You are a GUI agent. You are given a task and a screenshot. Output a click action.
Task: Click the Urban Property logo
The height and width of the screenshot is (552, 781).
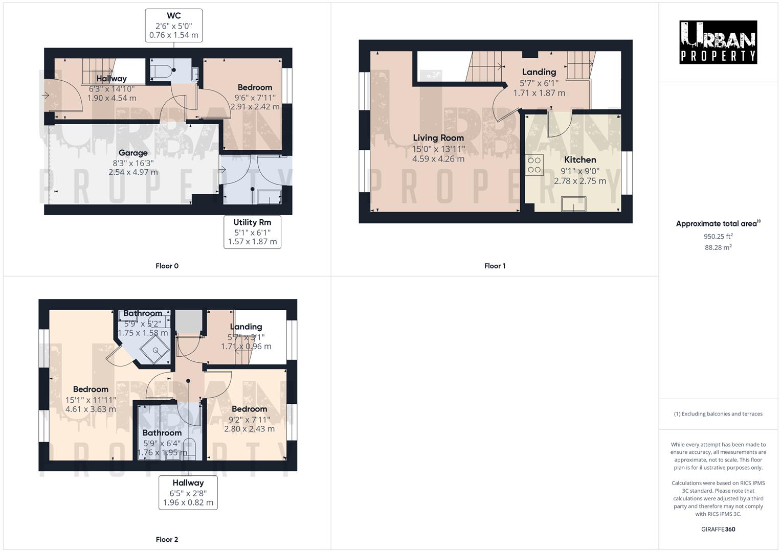pos(718,42)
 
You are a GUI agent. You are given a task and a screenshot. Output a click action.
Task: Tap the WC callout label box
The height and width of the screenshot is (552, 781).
pos(174,26)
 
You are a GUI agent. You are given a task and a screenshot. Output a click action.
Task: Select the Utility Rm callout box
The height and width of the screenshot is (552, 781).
pos(252,232)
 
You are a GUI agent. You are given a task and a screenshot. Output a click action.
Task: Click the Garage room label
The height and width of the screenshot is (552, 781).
pos(133,153)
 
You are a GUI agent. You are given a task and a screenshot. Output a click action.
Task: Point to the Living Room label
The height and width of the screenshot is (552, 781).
pos(438,137)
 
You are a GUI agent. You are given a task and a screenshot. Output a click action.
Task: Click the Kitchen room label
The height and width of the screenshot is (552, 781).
pos(580,159)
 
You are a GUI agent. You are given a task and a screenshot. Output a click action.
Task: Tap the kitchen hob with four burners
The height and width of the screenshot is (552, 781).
pos(534,165)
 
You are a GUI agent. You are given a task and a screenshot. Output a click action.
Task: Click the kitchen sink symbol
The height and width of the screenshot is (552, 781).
pos(573,204)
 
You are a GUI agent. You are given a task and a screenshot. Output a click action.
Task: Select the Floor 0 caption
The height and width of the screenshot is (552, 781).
pos(167,266)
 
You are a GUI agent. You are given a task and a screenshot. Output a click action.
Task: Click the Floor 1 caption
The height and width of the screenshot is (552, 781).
pos(495,266)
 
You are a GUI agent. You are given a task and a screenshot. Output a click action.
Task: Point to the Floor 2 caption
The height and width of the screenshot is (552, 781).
pos(167,539)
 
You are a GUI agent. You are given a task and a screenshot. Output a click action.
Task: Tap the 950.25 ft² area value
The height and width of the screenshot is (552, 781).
pos(718,236)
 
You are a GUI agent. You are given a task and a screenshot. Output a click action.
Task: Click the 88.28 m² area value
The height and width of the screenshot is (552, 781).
pos(718,247)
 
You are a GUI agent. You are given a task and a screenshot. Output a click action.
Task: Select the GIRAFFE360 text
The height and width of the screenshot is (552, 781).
pos(718,529)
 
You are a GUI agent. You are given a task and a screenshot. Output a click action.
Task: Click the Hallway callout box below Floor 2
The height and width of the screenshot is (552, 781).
pos(188,492)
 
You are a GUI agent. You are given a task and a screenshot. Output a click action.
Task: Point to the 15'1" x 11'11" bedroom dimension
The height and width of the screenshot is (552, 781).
pos(91,400)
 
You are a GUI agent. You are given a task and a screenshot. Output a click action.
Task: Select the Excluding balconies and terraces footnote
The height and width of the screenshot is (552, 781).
pos(718,414)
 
